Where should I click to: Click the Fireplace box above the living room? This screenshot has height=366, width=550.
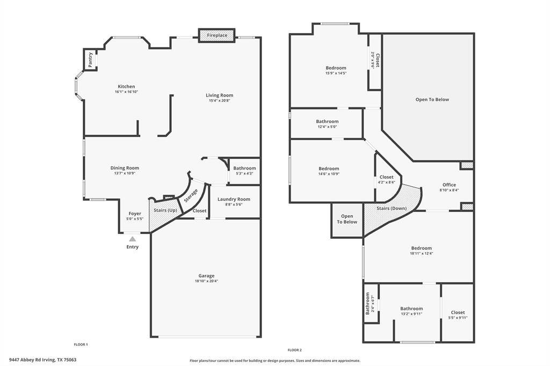[x=217, y=35]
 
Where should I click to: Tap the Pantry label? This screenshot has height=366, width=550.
[x=90, y=59]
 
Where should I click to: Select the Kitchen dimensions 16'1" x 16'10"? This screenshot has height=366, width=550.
[x=126, y=92]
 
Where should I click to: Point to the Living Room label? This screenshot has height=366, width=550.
[x=219, y=95]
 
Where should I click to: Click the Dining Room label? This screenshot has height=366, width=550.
[x=125, y=168]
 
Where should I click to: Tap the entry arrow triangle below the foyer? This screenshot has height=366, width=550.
[x=132, y=238]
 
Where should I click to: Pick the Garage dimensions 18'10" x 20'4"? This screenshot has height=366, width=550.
[x=206, y=281]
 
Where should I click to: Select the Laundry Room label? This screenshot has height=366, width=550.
[x=234, y=199]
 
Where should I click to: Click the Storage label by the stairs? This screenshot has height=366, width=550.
[x=191, y=195]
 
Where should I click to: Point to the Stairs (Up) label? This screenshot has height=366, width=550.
[x=165, y=210]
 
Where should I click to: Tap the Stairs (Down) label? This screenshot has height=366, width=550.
[x=390, y=208]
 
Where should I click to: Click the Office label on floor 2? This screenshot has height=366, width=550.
[x=449, y=185]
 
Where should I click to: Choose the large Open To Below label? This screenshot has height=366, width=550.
[x=432, y=99]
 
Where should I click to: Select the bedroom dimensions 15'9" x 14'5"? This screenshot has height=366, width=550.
[x=336, y=73]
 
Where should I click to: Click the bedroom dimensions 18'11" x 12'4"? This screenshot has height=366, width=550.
[x=421, y=253]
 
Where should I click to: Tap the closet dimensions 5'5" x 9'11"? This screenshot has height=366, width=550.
[x=458, y=318]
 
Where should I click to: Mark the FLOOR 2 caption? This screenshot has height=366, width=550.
[x=294, y=350]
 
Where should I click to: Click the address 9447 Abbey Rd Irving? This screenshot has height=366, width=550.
[x=42, y=360]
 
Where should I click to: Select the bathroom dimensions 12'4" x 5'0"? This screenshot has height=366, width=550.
[x=327, y=127]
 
